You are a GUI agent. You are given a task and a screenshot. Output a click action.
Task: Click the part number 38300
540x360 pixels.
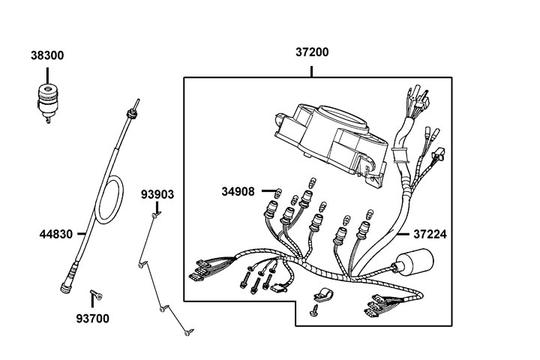coord(46,55)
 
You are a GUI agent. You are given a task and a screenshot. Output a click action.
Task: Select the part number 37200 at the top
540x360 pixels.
coord(311,52)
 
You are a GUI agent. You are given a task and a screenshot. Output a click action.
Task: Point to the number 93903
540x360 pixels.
coord(157,195)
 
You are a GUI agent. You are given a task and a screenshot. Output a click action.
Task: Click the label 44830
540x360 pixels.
coord(56,234)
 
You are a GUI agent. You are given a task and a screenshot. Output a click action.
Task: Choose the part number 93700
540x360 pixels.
coord(92,318)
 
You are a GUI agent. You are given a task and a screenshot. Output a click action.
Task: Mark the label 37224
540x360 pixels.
coord(430,234)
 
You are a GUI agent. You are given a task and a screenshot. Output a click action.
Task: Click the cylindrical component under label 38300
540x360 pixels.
coord(48,99)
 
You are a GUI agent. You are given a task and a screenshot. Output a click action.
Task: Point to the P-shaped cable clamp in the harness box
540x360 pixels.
coord(321,295)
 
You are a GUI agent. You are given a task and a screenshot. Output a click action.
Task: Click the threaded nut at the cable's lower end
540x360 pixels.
coord(67,283)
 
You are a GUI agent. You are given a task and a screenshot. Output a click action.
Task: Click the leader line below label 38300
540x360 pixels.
coord(46,74)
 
